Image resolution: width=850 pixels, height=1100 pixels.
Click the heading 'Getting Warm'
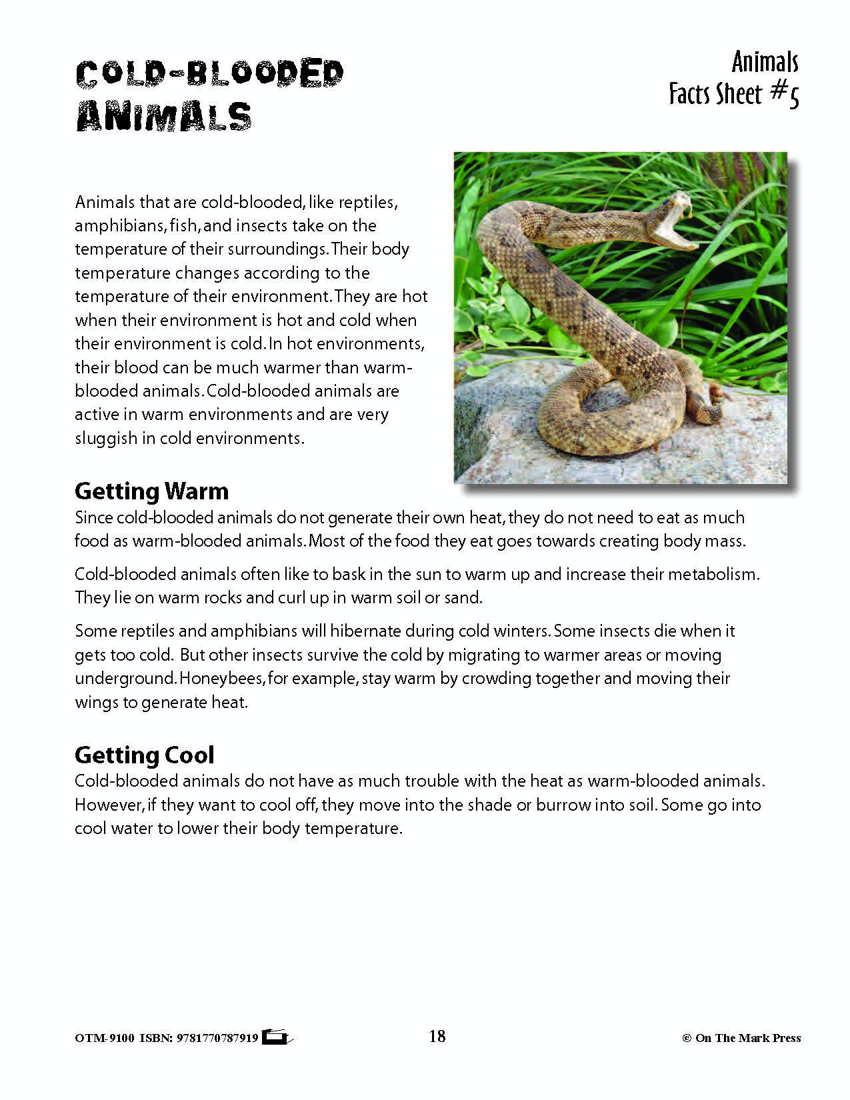[x=151, y=491]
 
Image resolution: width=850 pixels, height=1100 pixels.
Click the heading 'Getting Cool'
[x=144, y=755]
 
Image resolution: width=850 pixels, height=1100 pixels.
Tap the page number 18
[x=437, y=1036]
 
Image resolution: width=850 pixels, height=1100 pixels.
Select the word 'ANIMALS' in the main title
[x=164, y=117]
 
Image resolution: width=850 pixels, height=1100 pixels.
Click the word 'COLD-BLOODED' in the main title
[x=209, y=74]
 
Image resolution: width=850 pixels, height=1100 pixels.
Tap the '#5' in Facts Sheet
[x=785, y=94]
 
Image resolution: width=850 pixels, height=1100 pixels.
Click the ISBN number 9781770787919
[x=218, y=1038]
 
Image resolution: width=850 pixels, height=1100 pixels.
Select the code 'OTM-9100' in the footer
[x=105, y=1038]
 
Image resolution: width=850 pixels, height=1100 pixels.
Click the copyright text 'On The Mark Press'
[x=747, y=1038]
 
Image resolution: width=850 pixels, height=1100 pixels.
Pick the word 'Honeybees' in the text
[x=222, y=679]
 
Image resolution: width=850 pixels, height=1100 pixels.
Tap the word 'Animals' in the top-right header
[x=765, y=63]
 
